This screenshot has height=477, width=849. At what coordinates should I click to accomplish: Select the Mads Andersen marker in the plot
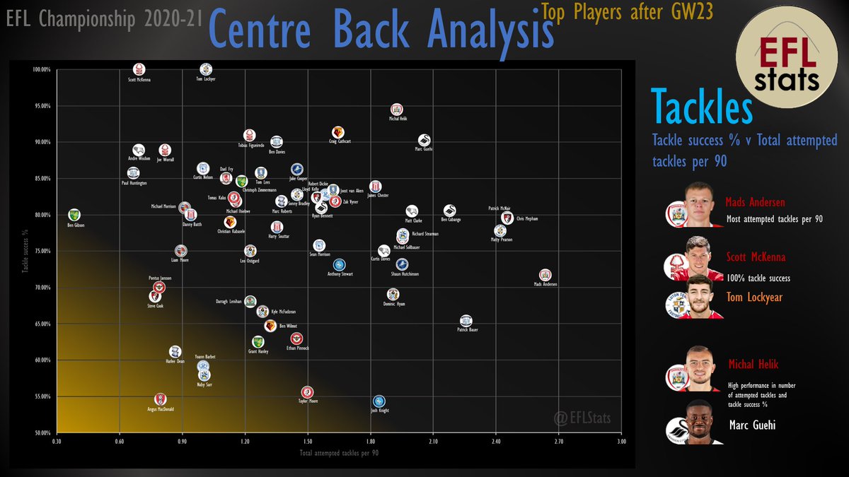click(545, 275)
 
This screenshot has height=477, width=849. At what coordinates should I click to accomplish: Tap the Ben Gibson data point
click(74, 215)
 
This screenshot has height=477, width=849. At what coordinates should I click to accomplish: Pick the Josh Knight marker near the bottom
click(379, 401)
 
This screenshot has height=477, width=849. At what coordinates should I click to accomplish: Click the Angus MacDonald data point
click(161, 400)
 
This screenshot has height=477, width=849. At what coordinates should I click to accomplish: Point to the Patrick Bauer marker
click(466, 321)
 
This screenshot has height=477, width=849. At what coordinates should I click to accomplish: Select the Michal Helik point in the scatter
click(397, 110)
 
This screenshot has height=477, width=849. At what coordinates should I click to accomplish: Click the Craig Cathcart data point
click(338, 132)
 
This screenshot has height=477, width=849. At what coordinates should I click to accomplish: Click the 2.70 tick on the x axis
click(558, 441)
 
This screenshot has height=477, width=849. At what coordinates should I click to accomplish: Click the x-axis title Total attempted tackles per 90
click(339, 452)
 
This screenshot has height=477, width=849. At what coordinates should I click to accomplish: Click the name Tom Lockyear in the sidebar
click(754, 298)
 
